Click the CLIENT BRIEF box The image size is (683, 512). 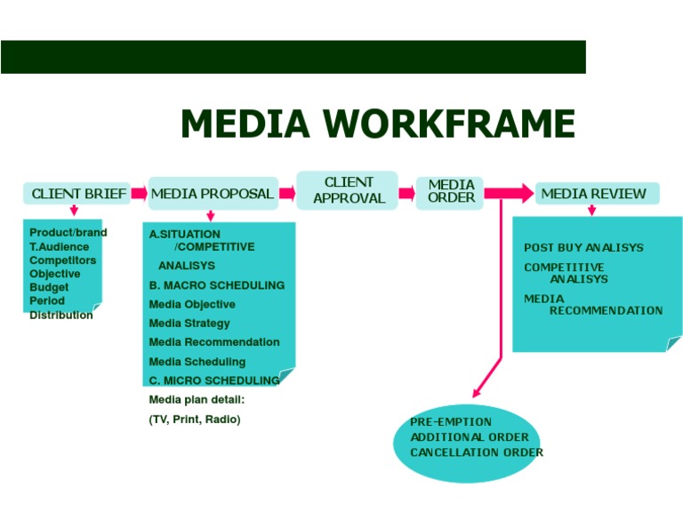[x=74, y=194]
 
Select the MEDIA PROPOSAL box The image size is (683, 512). [x=212, y=194]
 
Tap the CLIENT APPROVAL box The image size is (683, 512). [x=349, y=190]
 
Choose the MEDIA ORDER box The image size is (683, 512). [x=450, y=191]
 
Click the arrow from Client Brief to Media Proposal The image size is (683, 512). [x=139, y=193]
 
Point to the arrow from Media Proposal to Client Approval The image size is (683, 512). [x=287, y=193]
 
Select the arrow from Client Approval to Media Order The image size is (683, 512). [x=406, y=192]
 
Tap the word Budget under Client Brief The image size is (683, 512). [x=49, y=288]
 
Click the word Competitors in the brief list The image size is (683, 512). [x=62, y=260]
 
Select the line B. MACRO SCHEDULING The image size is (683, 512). [x=217, y=285]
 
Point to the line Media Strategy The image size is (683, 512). [x=189, y=324]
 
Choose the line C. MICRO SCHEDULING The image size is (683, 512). [x=214, y=380]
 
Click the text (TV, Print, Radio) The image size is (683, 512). [x=195, y=419]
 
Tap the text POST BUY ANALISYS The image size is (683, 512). [x=583, y=248]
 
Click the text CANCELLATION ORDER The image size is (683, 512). [x=477, y=452]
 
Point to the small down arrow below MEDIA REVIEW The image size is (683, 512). [x=591, y=211]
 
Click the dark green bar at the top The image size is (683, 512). [x=293, y=56]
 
